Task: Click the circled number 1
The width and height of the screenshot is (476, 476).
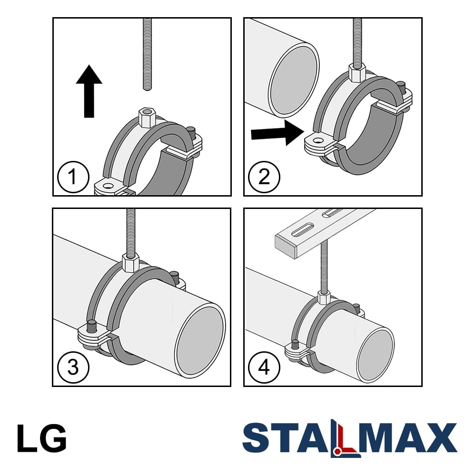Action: [x=73, y=177]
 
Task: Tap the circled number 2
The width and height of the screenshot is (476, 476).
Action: [x=264, y=177]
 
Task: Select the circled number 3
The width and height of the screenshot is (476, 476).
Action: [x=73, y=367]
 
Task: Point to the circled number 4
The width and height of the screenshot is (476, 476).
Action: [x=264, y=367]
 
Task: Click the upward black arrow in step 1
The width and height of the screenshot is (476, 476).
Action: [x=89, y=91]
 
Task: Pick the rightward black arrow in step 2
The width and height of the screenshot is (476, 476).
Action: [x=278, y=132]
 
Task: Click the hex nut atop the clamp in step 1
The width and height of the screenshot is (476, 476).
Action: [x=147, y=117]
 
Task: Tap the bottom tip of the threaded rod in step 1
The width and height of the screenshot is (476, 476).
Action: [x=147, y=89]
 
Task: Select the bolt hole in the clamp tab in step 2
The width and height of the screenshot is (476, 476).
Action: [x=318, y=141]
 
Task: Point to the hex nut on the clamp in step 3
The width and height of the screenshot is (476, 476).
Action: [x=131, y=263]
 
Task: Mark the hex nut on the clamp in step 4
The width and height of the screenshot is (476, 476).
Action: [x=324, y=297]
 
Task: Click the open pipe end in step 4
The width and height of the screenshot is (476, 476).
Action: [x=376, y=355]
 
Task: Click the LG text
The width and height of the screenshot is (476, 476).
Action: [x=41, y=438]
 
